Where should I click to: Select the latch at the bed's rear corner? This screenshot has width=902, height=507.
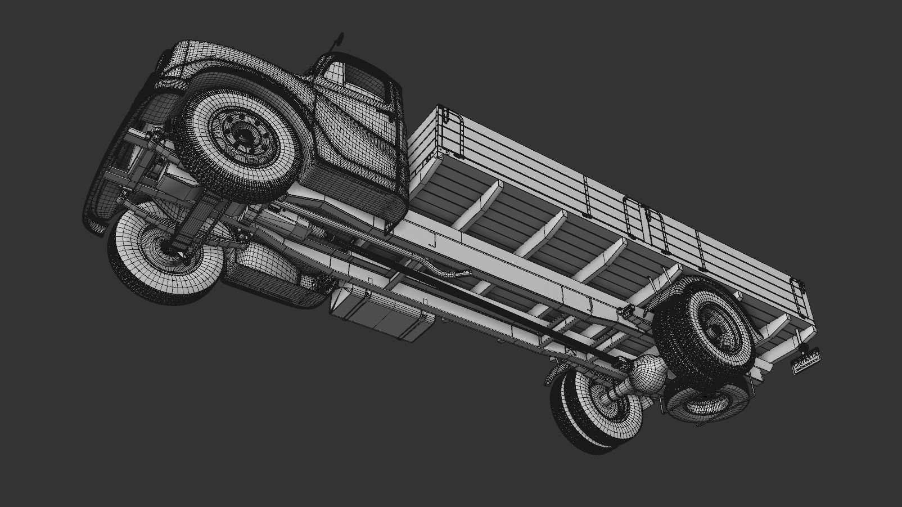797,287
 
